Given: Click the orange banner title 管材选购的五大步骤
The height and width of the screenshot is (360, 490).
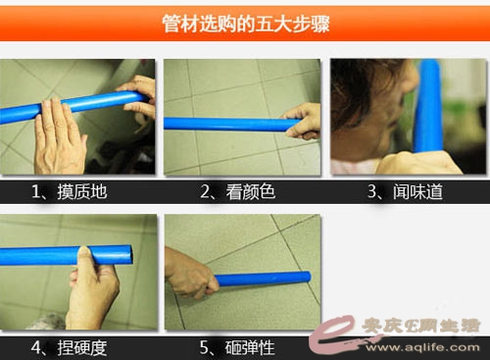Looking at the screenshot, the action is [x=246, y=24].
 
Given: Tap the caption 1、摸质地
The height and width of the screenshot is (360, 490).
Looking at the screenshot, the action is [x=70, y=191].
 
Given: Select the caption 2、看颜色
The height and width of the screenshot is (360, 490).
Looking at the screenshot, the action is [x=237, y=191].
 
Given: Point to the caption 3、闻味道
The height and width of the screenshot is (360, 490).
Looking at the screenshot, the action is [x=405, y=191].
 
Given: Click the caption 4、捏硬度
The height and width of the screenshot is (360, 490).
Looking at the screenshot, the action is [x=70, y=347].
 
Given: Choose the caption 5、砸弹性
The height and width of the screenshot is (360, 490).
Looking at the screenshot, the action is [x=237, y=347].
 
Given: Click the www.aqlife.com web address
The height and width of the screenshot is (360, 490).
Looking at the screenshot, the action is [x=422, y=347].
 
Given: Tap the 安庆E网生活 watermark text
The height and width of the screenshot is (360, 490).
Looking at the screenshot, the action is [x=420, y=326].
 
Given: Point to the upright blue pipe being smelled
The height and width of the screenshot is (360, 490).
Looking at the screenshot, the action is [x=428, y=106].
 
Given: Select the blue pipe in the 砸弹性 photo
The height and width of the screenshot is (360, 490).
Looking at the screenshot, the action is [x=263, y=280].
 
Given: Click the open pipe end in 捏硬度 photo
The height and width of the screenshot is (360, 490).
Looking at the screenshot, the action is [x=128, y=255].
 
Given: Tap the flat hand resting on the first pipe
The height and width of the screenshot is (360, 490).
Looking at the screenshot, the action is [x=59, y=137].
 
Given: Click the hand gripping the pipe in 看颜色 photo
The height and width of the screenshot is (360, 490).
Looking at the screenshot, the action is [x=302, y=121].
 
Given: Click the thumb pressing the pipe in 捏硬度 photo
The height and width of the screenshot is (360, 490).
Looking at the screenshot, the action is [x=84, y=258].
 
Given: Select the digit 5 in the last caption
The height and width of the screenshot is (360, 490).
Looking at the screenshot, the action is [x=204, y=347].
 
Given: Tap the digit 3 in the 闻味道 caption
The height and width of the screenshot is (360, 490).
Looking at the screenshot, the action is [x=372, y=191].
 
